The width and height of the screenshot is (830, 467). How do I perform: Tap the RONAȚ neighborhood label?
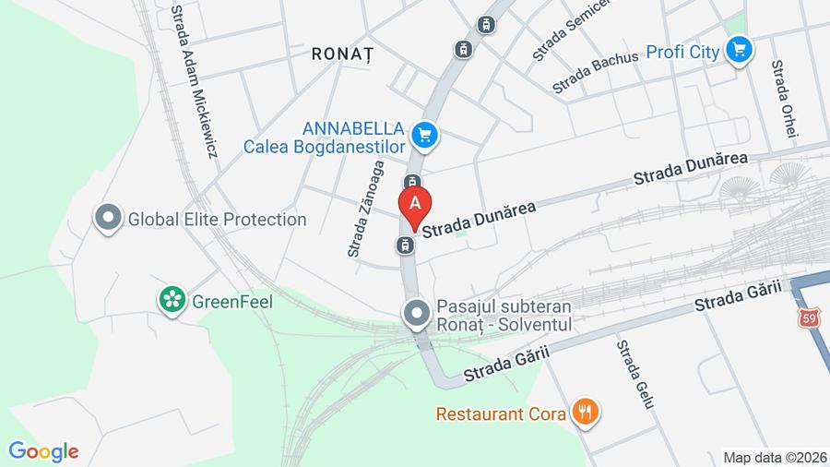click(343, 54)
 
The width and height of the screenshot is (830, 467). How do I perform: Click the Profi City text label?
click(682, 52)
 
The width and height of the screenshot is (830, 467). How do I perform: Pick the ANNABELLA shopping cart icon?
click(424, 137)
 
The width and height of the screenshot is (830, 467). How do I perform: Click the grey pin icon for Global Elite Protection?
click(109, 218)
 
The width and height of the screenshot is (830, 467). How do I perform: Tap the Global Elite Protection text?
click(217, 220)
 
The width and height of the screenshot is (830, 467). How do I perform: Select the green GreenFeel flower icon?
click(171, 299)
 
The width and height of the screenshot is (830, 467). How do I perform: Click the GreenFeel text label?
click(228, 300)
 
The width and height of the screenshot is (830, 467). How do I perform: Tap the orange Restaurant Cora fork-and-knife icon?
click(584, 412)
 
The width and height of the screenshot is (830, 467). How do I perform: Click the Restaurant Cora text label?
click(502, 413)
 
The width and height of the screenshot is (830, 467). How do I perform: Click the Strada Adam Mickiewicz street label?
click(194, 81)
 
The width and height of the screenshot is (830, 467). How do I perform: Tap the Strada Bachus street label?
click(595, 73)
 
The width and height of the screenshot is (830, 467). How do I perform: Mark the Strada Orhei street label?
click(783, 100)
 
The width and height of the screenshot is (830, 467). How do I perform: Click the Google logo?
click(43, 451)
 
